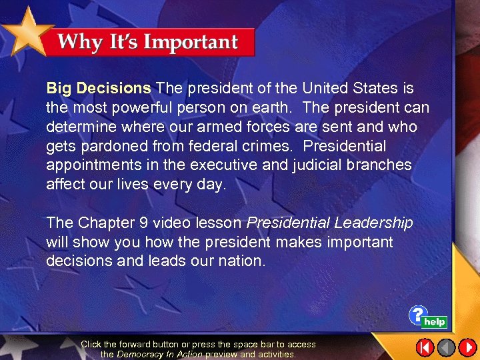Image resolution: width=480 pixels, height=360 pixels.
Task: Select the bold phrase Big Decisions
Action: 99,88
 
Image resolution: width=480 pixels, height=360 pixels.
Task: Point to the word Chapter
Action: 103,223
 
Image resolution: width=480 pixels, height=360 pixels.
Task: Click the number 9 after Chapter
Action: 137,223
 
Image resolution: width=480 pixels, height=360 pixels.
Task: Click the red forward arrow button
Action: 468,347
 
